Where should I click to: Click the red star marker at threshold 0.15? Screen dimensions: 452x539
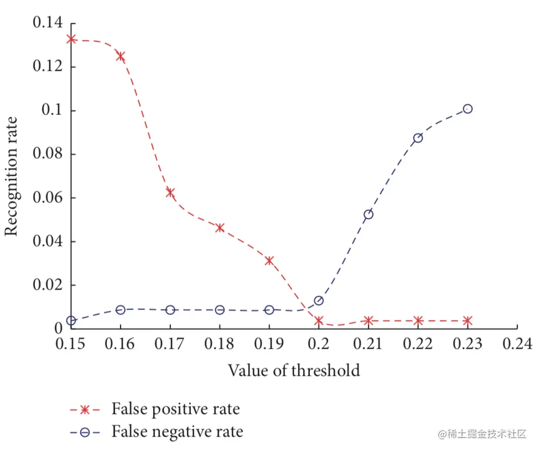71,39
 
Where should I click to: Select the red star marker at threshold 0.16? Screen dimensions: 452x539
120,56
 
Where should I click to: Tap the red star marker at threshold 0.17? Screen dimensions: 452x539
170,192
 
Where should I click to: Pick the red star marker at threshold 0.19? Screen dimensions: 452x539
269,261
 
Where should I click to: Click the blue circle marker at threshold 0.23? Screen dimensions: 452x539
468,109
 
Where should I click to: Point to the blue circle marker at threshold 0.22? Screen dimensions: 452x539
418,138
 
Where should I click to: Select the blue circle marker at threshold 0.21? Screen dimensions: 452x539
368,214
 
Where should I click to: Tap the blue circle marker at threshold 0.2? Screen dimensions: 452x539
319,301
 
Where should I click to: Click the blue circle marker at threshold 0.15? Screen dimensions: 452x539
71,320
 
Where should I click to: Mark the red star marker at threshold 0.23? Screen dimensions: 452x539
468,320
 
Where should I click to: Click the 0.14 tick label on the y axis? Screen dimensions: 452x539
48,23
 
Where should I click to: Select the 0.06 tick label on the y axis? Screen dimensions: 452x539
48,198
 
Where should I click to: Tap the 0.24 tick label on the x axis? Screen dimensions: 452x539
517,344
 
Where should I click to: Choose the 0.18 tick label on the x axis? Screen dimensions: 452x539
219,344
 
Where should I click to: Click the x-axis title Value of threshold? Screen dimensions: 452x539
294,370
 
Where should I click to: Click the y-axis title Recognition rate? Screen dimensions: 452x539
12,176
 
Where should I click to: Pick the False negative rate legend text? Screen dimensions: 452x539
177,431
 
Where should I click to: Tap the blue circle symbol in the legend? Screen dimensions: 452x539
85,432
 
